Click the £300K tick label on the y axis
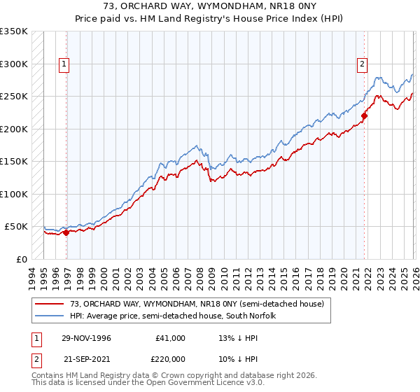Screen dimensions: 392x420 point(13,64)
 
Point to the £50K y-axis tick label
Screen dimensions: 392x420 point(15,227)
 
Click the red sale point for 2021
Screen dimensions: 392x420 point(364,116)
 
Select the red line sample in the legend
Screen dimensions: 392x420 point(50,304)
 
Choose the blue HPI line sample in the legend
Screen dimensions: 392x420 point(50,316)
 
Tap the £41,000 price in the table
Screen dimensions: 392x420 point(171,338)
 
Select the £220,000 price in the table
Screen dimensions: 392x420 point(171,358)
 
